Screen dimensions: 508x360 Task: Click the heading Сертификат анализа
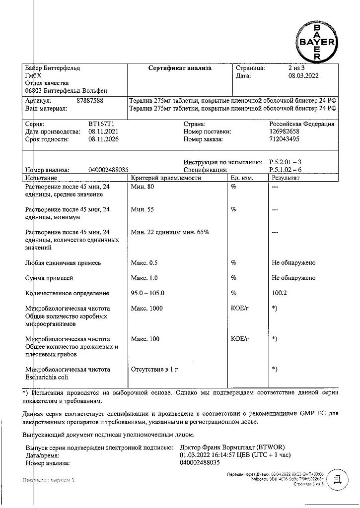tap(180, 68)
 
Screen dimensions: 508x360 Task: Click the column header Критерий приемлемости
tap(166, 178)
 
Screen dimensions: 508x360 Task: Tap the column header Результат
tap(286, 178)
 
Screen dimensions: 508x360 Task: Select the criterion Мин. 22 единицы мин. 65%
tap(170, 232)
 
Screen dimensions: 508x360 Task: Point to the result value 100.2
tap(280, 293)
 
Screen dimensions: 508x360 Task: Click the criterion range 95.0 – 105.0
tap(147, 293)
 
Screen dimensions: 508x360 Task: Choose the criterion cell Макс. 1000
tap(146, 309)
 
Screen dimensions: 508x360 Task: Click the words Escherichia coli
tap(49, 377)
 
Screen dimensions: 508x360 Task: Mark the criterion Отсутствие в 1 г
tap(154, 370)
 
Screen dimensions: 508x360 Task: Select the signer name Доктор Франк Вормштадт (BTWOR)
tap(235, 447)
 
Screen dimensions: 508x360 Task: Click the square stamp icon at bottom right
tap(338, 480)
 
